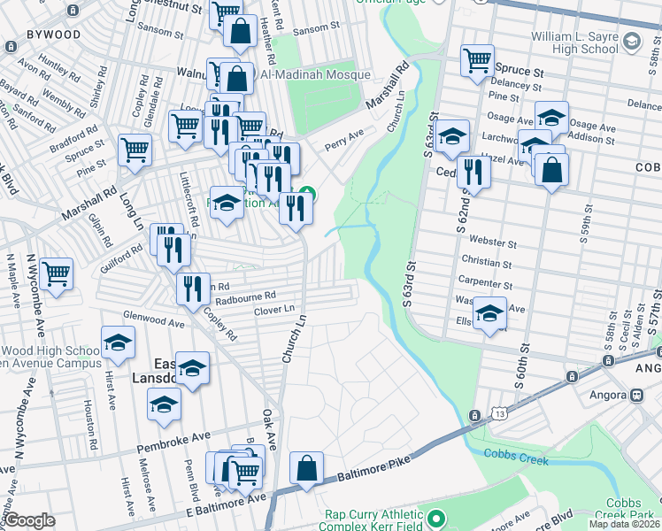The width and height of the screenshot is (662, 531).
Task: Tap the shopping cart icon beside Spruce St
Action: tap(477, 60)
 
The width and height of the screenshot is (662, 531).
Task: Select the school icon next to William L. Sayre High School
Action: tap(632, 41)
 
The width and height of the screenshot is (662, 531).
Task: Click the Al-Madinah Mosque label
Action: tap(314, 75)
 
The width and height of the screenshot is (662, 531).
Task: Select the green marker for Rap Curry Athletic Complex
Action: tap(435, 516)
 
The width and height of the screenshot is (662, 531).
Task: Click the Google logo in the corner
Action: tap(29, 520)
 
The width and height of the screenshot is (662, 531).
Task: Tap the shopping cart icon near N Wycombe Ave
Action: tap(56, 273)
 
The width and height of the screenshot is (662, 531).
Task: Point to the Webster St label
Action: tap(493, 242)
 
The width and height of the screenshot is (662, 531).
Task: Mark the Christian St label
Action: tap(487, 263)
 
